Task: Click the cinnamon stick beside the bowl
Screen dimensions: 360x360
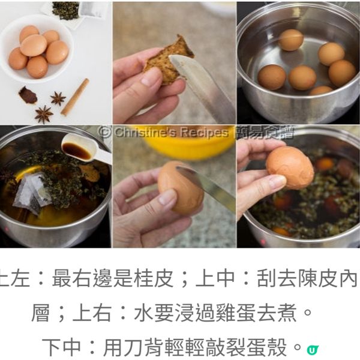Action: [75, 97]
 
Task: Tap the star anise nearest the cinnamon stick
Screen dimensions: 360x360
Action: [58, 98]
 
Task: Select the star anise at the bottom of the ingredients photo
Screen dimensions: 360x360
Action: [43, 114]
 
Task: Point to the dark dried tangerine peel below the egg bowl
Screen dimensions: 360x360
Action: [27, 95]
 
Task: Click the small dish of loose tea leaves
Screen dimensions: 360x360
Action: [65, 10]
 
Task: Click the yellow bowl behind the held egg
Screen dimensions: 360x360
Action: [174, 147]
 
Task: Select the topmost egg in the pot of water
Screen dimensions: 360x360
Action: [291, 40]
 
